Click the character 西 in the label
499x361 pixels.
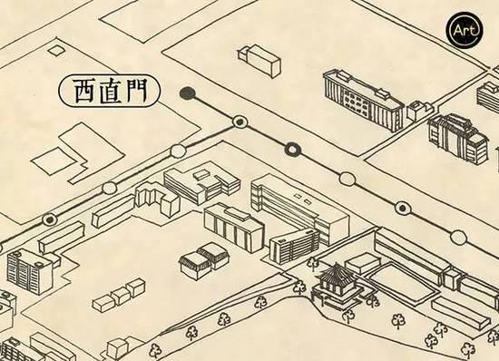(x=79, y=91)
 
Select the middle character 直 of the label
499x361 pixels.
(x=109, y=91)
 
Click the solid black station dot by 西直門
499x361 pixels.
(x=187, y=92)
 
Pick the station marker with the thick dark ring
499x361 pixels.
(x=292, y=149)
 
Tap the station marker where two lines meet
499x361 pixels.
(x=240, y=121)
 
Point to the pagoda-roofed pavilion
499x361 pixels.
(x=332, y=281)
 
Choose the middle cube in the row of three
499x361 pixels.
(x=119, y=295)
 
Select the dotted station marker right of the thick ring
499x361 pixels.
(x=401, y=208)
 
